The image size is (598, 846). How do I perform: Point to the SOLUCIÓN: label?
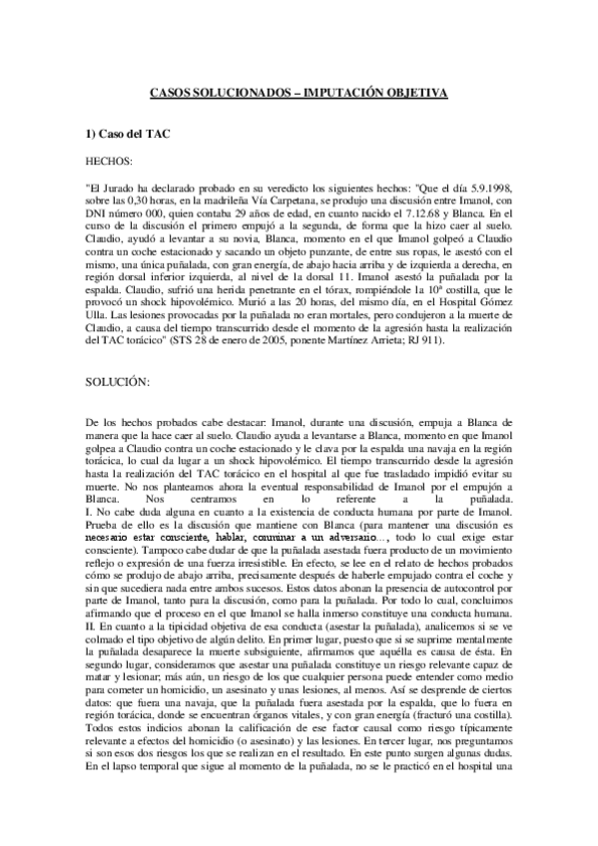click(118, 356)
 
